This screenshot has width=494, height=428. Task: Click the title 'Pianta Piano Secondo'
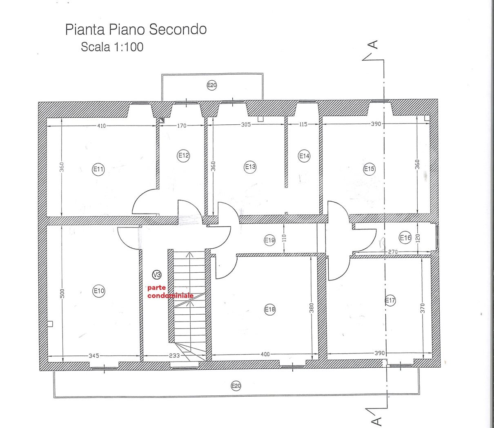pos(136,30)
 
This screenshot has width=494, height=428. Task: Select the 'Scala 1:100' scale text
pos(112,47)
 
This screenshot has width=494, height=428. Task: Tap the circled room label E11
pos(98,169)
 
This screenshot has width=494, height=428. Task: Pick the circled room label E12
pos(183,155)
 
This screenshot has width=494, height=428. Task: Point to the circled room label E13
pos(250,167)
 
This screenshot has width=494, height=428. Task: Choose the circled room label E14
pos(304,156)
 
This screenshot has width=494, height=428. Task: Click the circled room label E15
pos(369,169)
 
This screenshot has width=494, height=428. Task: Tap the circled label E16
pos(405,238)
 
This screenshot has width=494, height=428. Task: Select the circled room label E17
pos(390,300)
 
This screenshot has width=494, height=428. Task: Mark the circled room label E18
pos(270,309)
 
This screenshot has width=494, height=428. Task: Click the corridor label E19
pos(270,240)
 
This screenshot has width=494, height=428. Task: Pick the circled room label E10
pos(99,291)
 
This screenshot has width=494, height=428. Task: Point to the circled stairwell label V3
pos(157,274)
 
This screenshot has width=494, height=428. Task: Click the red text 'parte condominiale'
pos(170,291)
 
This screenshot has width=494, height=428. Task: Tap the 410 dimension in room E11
pos(101,126)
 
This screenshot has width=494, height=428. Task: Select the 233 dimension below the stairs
pos(174,355)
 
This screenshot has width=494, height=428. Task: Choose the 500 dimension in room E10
pos(62,293)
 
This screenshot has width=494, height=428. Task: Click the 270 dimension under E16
pos(393,252)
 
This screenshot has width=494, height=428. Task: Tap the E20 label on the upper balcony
pos(212,85)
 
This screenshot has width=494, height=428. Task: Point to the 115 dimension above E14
pos(303,124)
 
